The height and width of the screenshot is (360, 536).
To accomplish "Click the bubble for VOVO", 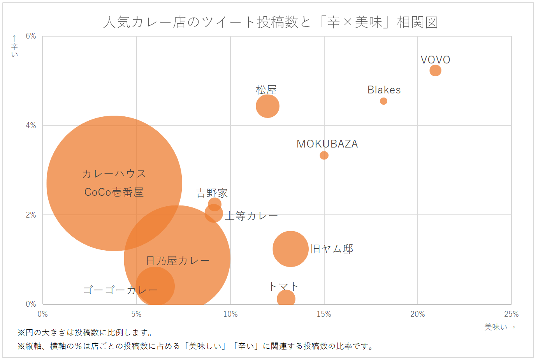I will pyautogui.click(x=435, y=70).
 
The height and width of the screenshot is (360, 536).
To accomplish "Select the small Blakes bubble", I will pyautogui.click(x=383, y=101).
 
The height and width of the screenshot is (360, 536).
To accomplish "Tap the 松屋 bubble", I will pyautogui.click(x=267, y=106).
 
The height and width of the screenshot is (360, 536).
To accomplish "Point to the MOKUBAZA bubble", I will pyautogui.click(x=324, y=155).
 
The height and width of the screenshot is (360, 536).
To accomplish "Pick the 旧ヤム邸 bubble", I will pyautogui.click(x=290, y=249).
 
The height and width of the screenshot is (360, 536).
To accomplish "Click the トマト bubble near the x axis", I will pyautogui.click(x=286, y=299).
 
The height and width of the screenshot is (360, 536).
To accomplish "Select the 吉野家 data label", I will pyautogui.click(x=212, y=193).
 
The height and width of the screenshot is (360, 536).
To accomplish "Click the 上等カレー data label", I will pyautogui.click(x=251, y=216).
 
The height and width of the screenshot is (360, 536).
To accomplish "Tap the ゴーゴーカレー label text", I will pyautogui.click(x=120, y=290).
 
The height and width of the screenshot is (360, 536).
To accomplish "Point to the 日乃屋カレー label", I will pyautogui.click(x=177, y=260).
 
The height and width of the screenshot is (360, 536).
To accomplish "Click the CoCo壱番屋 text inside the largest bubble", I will pyautogui.click(x=114, y=192).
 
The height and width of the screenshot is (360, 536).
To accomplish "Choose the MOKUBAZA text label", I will pyautogui.click(x=327, y=144).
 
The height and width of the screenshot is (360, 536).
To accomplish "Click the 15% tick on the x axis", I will pyautogui.click(x=324, y=314).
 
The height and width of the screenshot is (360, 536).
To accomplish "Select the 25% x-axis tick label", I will pyautogui.click(x=511, y=314).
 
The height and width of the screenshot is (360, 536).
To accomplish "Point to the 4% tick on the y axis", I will pyautogui.click(x=31, y=125).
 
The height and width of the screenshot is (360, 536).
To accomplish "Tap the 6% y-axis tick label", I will pyautogui.click(x=31, y=36).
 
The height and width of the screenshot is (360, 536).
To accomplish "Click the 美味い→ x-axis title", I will pyautogui.click(x=500, y=327).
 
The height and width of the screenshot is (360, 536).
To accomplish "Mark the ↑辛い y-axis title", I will pyautogui.click(x=14, y=46).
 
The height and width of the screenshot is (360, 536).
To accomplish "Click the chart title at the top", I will pyautogui.click(x=271, y=22).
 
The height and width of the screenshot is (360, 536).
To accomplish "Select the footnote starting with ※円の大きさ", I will pyautogui.click(x=86, y=333).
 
